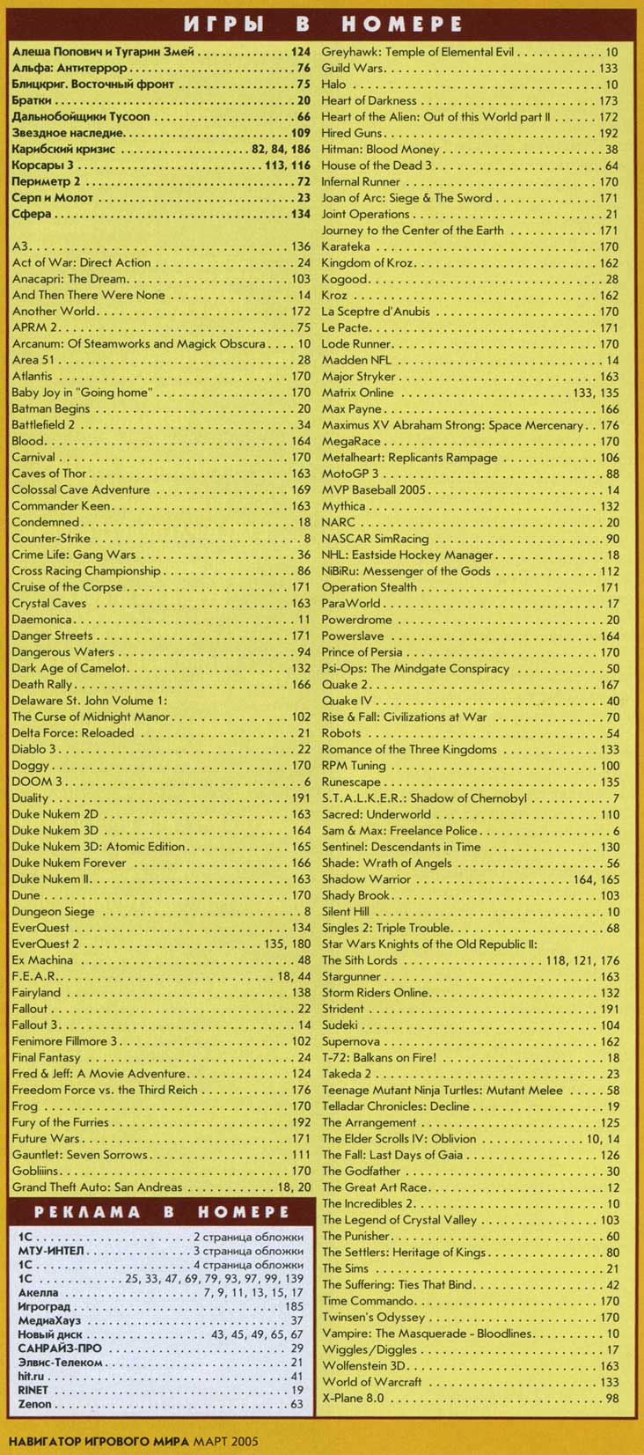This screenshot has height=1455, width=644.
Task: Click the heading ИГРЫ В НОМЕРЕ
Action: pos(323,23)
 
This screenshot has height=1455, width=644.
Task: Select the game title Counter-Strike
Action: pos(51,539)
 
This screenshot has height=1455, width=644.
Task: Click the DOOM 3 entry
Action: pos(38,783)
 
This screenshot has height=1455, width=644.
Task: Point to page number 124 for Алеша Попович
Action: pos(301,53)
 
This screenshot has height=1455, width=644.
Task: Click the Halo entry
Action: pos(333,85)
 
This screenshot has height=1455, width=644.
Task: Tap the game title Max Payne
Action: pos(352,409)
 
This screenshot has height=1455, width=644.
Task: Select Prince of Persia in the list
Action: pos(362,652)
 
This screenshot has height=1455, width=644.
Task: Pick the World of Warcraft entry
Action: pos(371,1382)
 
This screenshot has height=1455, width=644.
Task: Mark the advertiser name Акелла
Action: pos(38,1293)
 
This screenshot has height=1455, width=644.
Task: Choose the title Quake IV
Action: pos(347,702)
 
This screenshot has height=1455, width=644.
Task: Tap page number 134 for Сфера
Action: pos(301,214)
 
